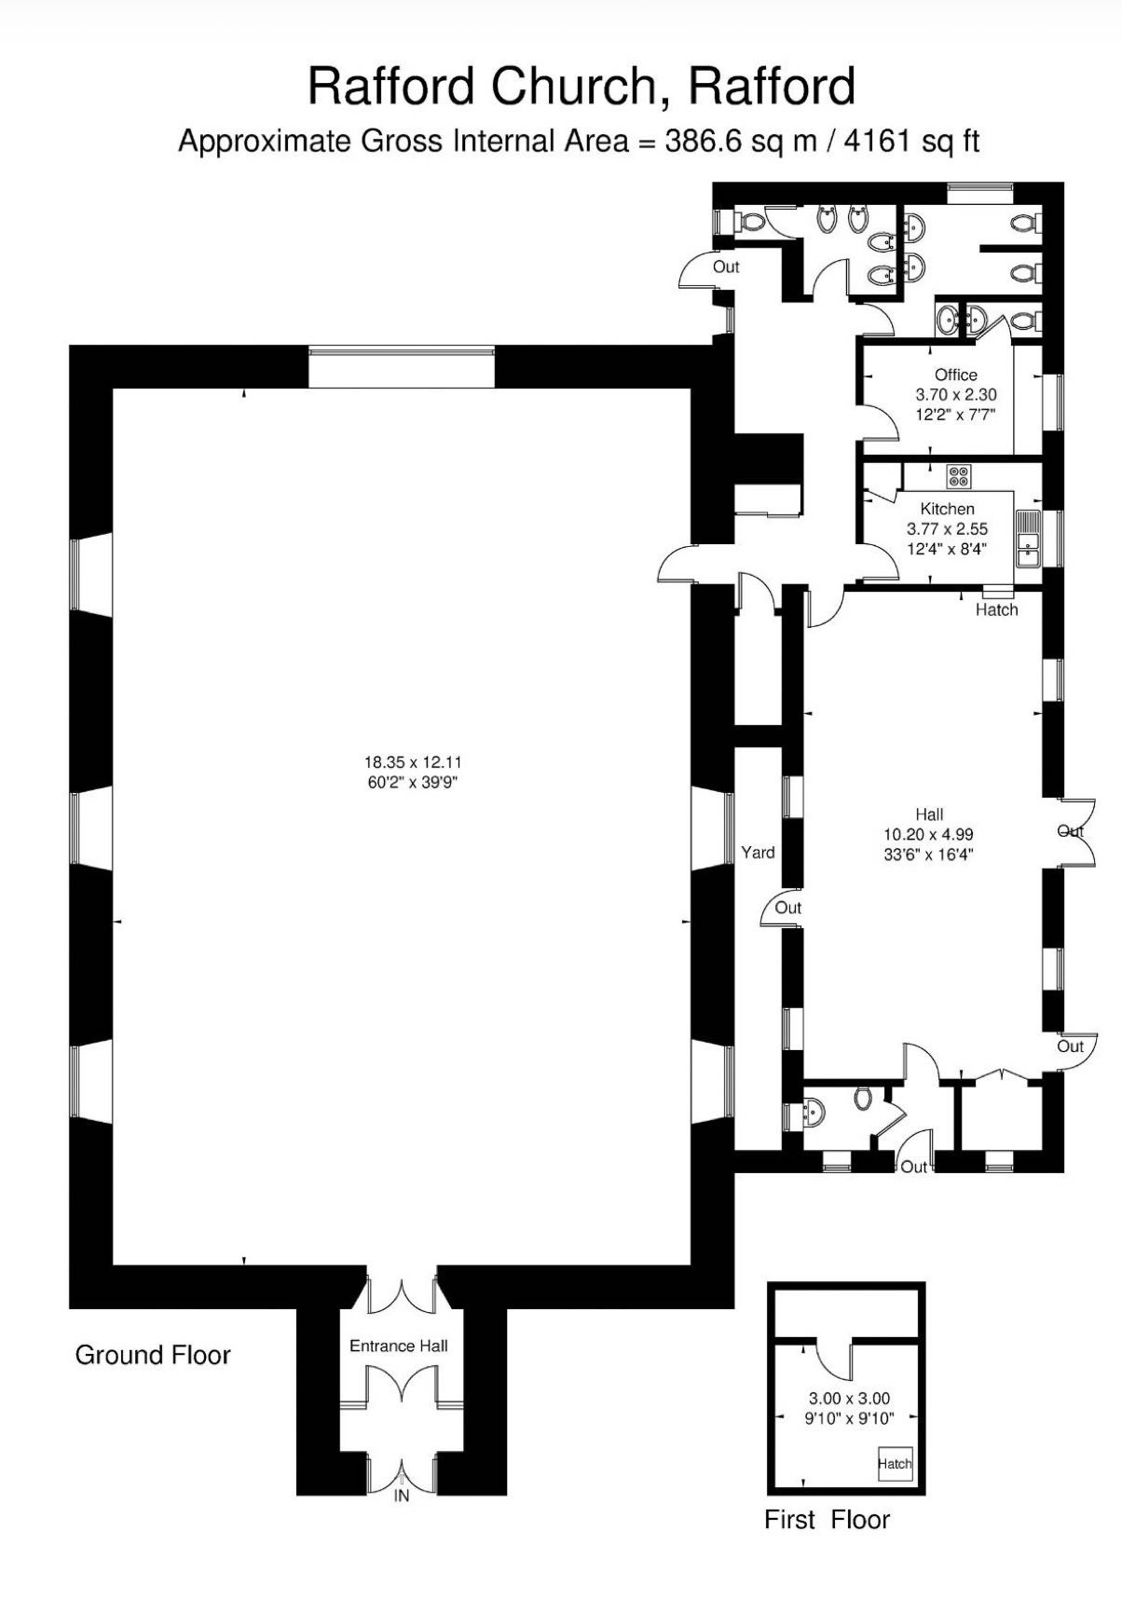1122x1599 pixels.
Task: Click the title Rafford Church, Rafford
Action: coord(582,87)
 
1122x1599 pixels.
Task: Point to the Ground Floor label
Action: coord(153,1355)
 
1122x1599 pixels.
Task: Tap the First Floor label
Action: coord(828,1520)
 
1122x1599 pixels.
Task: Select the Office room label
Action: coord(956,375)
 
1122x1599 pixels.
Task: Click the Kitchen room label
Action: coord(948,509)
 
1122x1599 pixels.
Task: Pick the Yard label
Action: coord(758,852)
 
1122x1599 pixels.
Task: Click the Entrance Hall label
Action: coord(399,1346)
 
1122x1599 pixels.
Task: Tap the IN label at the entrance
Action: coord(402,1496)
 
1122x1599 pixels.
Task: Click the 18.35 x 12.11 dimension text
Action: coord(413,762)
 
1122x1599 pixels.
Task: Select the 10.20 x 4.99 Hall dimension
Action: coord(929,834)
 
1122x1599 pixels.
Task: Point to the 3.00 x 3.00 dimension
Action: coord(849,1398)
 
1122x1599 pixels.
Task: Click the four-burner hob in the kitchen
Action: coord(959,476)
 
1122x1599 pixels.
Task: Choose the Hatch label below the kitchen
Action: coord(997,609)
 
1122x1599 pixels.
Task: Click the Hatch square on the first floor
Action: coord(895,1463)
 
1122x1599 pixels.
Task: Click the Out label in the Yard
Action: coord(788,908)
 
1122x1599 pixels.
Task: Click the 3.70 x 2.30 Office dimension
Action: coord(956,394)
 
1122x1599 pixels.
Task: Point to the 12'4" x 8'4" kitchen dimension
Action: coord(947,549)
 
